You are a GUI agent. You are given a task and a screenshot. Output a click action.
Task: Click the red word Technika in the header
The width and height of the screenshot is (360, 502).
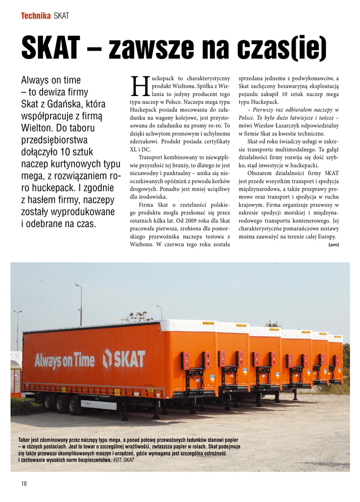click(x=36, y=16)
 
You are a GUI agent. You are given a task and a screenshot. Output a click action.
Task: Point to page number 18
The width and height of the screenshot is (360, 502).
click(x=24, y=484)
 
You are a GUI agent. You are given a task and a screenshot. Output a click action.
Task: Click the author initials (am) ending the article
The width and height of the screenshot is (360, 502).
click(x=334, y=245)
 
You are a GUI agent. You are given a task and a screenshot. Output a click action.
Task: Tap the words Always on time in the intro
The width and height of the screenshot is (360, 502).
click(x=51, y=80)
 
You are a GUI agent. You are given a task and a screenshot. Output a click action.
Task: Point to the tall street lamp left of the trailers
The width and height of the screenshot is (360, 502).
click(x=80, y=304)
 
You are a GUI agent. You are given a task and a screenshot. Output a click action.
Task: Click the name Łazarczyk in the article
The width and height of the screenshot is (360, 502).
click(x=290, y=125)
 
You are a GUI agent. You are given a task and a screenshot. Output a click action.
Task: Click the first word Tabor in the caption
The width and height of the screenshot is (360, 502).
click(x=25, y=440)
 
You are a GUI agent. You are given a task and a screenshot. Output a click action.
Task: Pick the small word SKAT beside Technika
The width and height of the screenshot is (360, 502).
click(x=61, y=16)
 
